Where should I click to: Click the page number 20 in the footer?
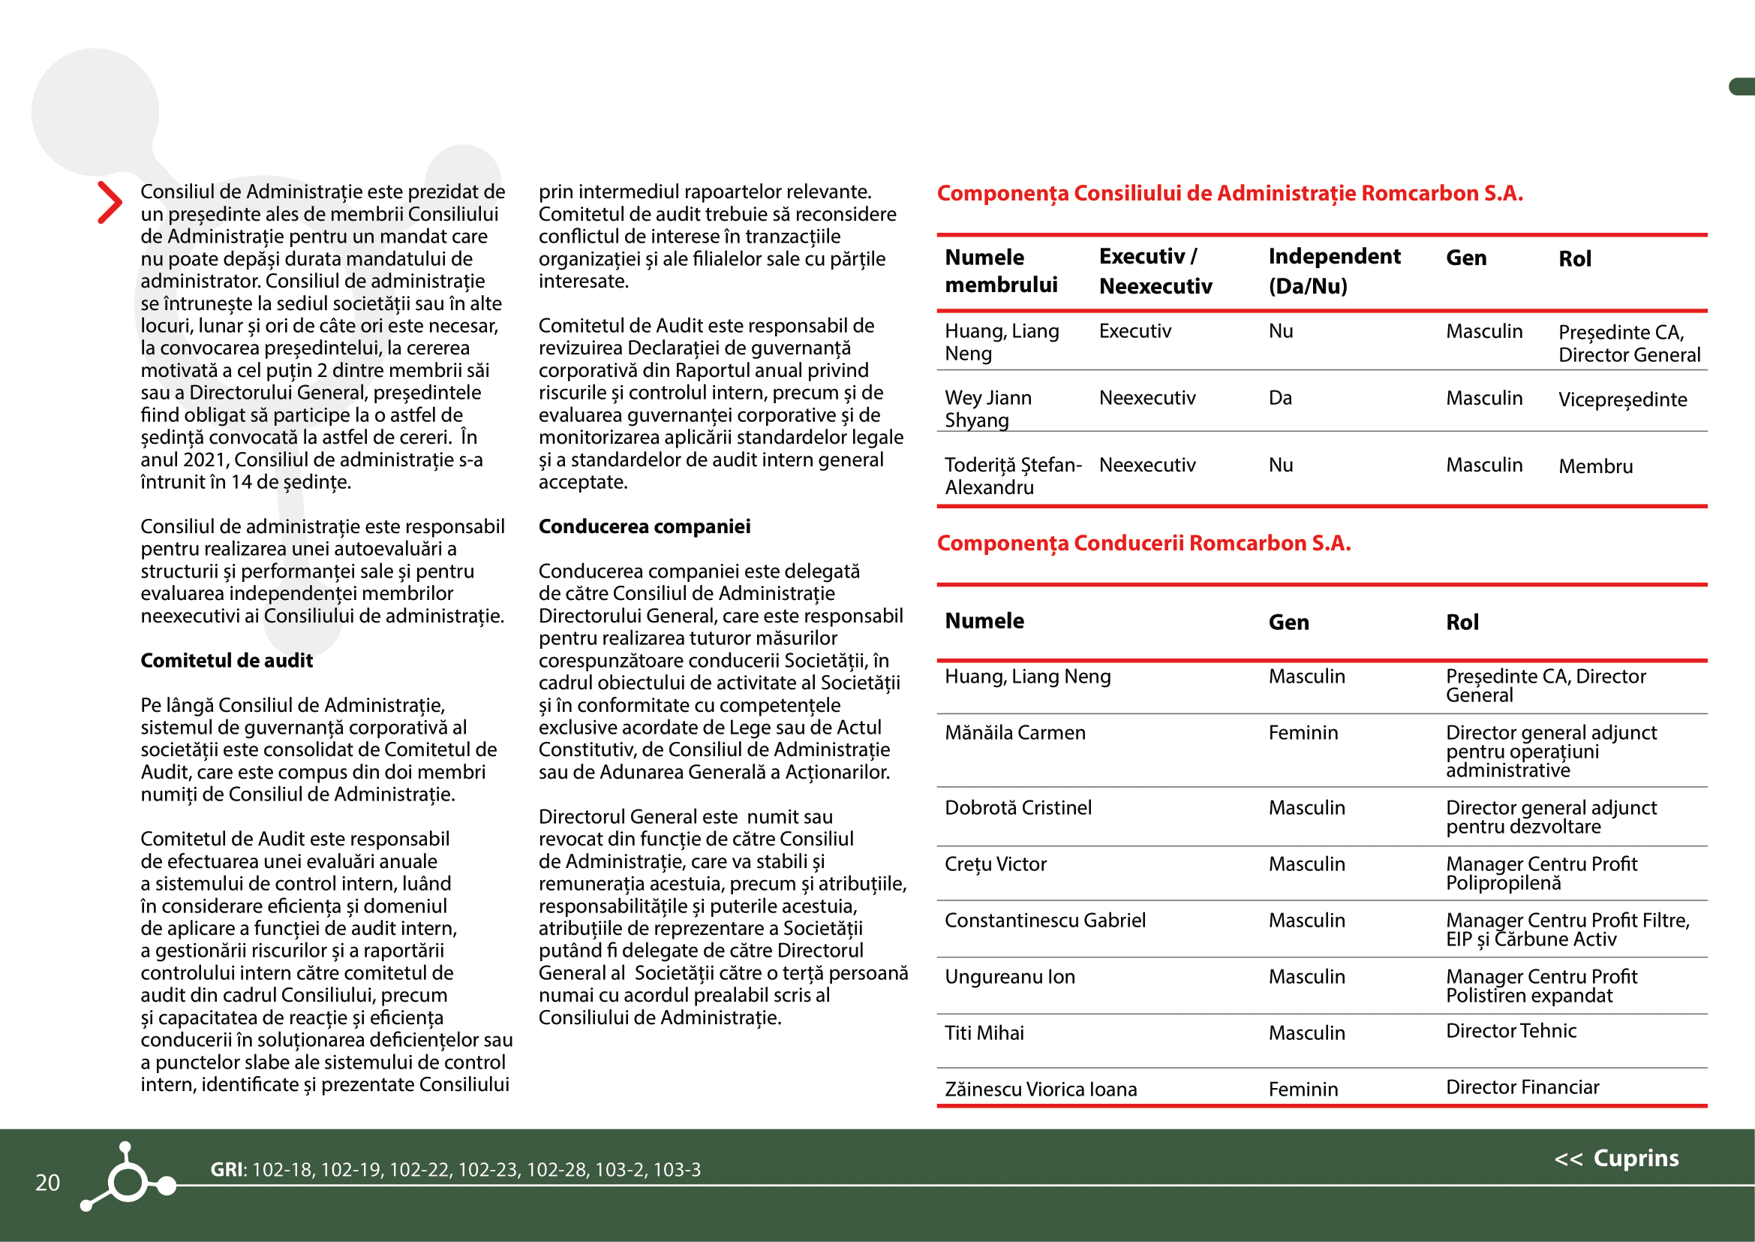pyautogui.click(x=47, y=1183)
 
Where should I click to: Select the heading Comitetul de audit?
pyautogui.click(x=227, y=661)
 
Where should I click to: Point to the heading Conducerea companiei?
pyautogui.click(x=645, y=527)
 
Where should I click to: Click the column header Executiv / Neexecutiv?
pyautogui.click(x=1155, y=272)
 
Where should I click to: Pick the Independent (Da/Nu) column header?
pyautogui.click(x=1334, y=272)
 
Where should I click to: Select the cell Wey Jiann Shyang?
pyautogui.click(x=987, y=409)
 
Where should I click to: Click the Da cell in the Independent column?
pyautogui.click(x=1280, y=399)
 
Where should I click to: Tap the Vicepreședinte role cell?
pyautogui.click(x=1622, y=400)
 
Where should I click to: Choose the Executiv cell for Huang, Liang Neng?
pyautogui.click(x=1134, y=331)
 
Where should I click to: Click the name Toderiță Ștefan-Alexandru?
pyautogui.click(x=1013, y=475)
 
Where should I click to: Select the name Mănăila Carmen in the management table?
pyautogui.click(x=1014, y=733)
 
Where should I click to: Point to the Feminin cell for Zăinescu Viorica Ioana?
pyautogui.click(x=1303, y=1089)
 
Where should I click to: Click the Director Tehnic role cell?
pyautogui.click(x=1510, y=1031)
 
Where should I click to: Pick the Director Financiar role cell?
pyautogui.click(x=1522, y=1087)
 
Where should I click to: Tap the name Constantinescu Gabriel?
pyautogui.click(x=1045, y=920)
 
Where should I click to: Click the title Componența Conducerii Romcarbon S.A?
pyautogui.click(x=1143, y=543)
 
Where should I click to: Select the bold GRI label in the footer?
pyautogui.click(x=228, y=1169)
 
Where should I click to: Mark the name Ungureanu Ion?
pyautogui.click(x=1009, y=977)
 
